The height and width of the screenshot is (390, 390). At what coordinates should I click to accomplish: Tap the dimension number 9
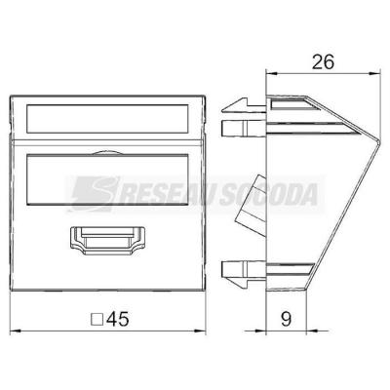click(286, 319)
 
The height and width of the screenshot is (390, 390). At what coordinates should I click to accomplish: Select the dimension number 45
click(118, 319)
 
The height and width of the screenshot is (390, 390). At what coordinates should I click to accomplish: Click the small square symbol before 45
click(97, 320)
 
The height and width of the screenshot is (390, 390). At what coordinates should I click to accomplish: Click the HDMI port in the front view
click(107, 240)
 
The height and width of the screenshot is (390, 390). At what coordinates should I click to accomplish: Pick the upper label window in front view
click(107, 119)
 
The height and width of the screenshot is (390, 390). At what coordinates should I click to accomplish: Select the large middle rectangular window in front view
click(107, 179)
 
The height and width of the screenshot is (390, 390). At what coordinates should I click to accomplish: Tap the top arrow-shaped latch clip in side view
click(243, 105)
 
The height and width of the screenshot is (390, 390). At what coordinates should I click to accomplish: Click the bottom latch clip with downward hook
click(243, 273)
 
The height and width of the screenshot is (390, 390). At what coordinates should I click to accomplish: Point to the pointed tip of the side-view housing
click(379, 142)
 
